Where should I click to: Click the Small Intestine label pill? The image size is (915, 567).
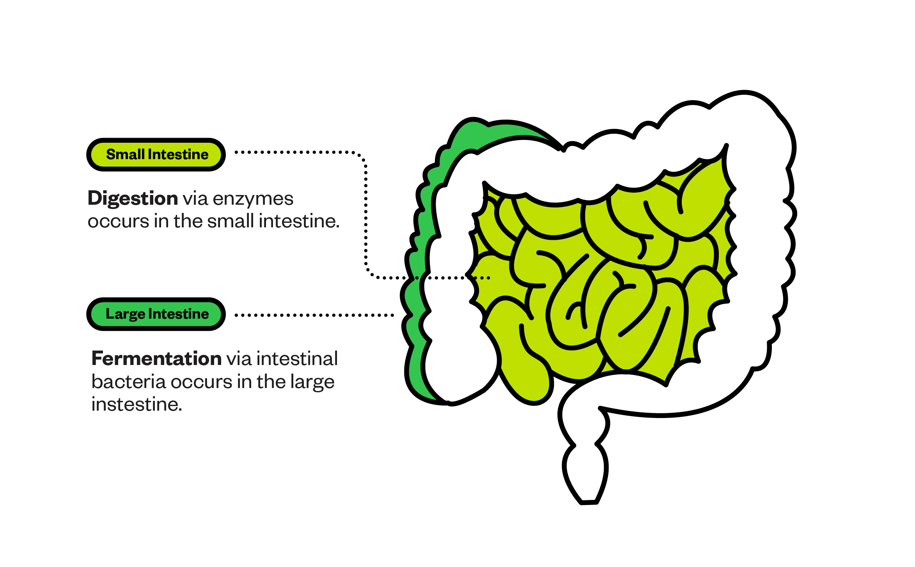156,154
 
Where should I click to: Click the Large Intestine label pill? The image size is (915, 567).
156,314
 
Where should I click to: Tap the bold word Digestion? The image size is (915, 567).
133,199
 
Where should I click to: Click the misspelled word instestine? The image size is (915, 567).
137,404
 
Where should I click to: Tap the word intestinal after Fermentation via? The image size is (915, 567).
297,358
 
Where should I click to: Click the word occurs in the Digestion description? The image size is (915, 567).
119,221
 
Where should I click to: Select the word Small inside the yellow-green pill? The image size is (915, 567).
126,154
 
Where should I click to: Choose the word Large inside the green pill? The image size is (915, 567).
126,314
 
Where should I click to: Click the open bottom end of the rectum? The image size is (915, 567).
589,503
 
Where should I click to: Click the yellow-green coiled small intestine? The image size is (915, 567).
601,281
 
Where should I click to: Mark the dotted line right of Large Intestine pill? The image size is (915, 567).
314,315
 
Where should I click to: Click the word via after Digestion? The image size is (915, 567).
195,199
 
